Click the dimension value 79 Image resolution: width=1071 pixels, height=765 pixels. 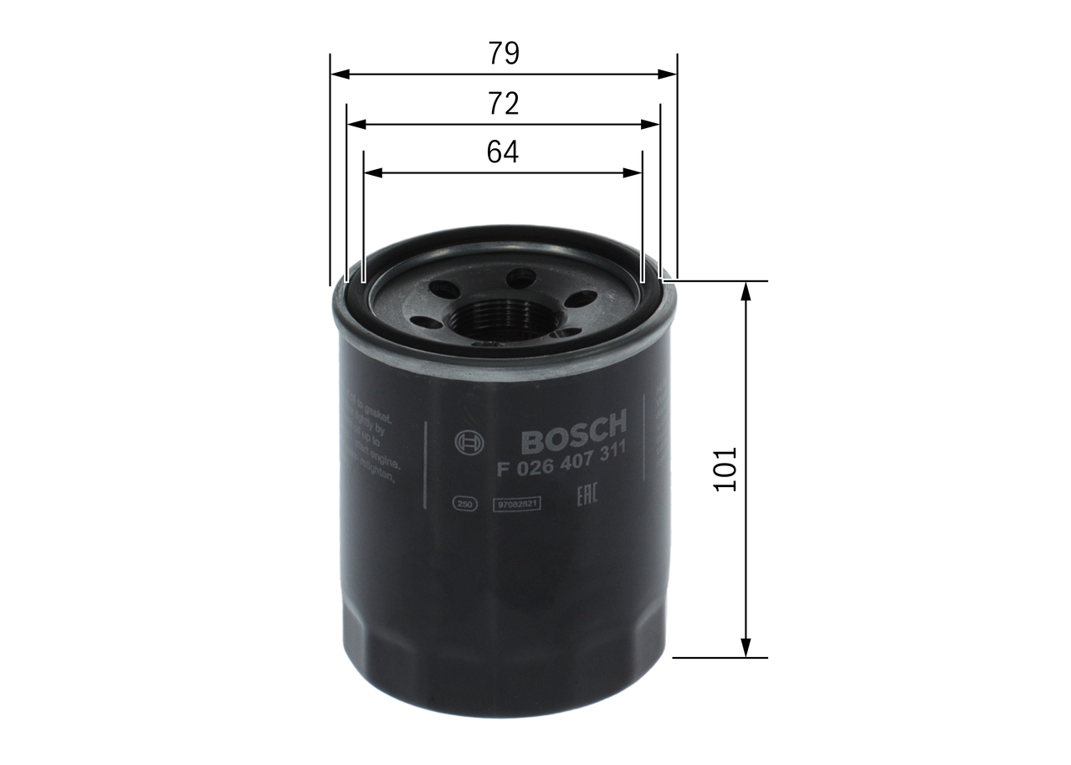click(x=504, y=54)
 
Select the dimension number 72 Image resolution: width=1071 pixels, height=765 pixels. click(x=504, y=103)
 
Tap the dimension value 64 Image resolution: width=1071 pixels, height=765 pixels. click(x=503, y=151)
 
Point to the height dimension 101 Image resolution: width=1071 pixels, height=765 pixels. click(x=725, y=469)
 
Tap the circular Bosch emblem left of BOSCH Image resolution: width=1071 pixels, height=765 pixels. click(x=465, y=443)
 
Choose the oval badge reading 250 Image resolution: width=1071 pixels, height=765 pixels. click(x=464, y=504)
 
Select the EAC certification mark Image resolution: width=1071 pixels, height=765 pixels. click(x=590, y=499)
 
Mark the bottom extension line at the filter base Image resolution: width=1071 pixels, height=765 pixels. click(x=720, y=657)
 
